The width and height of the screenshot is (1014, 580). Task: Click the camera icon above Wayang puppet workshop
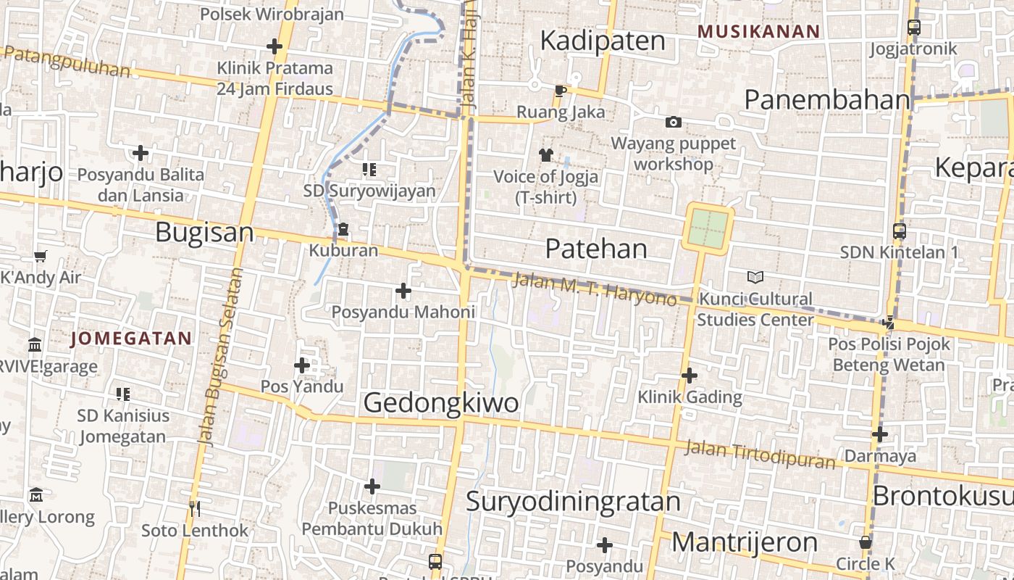674,122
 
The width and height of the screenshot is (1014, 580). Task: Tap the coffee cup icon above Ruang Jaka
560,91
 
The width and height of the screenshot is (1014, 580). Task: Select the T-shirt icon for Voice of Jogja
545,154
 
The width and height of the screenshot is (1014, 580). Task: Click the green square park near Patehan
708,228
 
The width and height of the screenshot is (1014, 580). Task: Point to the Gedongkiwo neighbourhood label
440,403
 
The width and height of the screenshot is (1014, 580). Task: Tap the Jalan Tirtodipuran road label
760,454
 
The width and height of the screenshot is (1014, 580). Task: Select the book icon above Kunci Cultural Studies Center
755,277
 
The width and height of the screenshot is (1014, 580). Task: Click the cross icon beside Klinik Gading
690,376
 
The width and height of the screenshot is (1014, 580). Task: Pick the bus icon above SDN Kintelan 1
900,231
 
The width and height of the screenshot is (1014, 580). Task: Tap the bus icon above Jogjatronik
914,28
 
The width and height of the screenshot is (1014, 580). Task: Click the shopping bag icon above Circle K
865,542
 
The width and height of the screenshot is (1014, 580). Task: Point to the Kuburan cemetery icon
343,230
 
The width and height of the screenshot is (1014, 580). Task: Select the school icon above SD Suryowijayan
369,170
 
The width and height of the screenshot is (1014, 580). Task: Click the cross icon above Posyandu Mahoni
403,291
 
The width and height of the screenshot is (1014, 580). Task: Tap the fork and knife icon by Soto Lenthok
194,508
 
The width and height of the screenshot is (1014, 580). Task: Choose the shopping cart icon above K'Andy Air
41,256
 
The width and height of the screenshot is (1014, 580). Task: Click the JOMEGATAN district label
131,339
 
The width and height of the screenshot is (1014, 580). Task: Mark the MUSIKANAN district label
758,32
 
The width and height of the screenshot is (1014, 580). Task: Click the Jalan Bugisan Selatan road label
216,355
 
